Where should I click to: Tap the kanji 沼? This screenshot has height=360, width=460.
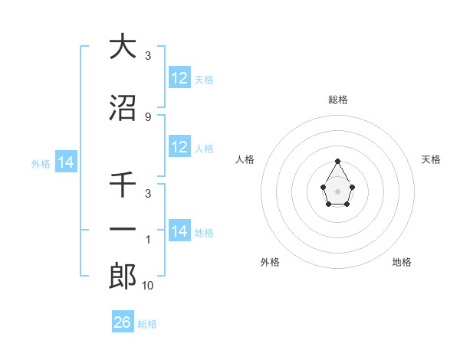pos(123,108)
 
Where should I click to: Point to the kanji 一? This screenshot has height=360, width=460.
pos(123,230)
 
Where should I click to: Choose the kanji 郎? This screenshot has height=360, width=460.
pos(123,277)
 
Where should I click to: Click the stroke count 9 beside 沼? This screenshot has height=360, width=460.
pos(148,116)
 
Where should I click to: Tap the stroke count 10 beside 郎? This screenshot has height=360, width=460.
pos(148,286)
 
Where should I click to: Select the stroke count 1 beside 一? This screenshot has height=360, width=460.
pos(148,240)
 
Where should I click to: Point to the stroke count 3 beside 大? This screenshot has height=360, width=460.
pos(148,56)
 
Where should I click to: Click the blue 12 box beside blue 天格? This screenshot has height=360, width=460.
pos(179,78)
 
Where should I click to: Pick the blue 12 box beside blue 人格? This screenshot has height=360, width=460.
pos(179,147)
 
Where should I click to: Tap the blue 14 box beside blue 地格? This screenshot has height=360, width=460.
pos(179,231)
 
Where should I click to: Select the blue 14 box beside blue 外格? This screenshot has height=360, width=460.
pos(65,162)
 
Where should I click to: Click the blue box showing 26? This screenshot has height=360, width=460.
pos(123,322)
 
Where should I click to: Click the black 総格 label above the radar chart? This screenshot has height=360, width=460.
pos(338,100)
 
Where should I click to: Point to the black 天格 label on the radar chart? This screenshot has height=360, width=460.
pos(432,159)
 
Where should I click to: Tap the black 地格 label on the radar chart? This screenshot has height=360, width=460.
pos(402,262)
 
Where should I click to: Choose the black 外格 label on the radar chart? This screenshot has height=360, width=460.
pos(270,262)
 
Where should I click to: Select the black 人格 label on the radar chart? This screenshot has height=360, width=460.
pos(245,159)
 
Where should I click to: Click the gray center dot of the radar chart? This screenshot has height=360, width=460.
pos(338,190)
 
